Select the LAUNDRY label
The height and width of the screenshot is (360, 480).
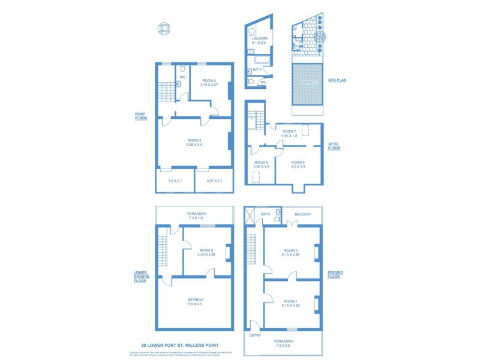[x=260, y=38]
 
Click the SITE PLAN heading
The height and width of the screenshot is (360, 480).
[x=338, y=80]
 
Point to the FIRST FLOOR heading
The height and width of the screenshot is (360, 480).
[x=141, y=116]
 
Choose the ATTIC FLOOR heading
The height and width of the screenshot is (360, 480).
[x=334, y=146]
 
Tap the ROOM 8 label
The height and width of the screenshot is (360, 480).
[x=206, y=250]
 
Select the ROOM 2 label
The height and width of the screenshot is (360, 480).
[x=290, y=250]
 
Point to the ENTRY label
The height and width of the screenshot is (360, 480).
[x=254, y=335]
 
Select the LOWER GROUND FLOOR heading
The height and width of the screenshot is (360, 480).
[x=140, y=276]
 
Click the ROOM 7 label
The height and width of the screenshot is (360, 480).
[x=290, y=131]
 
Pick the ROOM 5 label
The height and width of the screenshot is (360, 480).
[x=298, y=162]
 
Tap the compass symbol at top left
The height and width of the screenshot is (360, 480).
[x=164, y=29]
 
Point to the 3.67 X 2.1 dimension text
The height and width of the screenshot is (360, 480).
[x=214, y=181]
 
